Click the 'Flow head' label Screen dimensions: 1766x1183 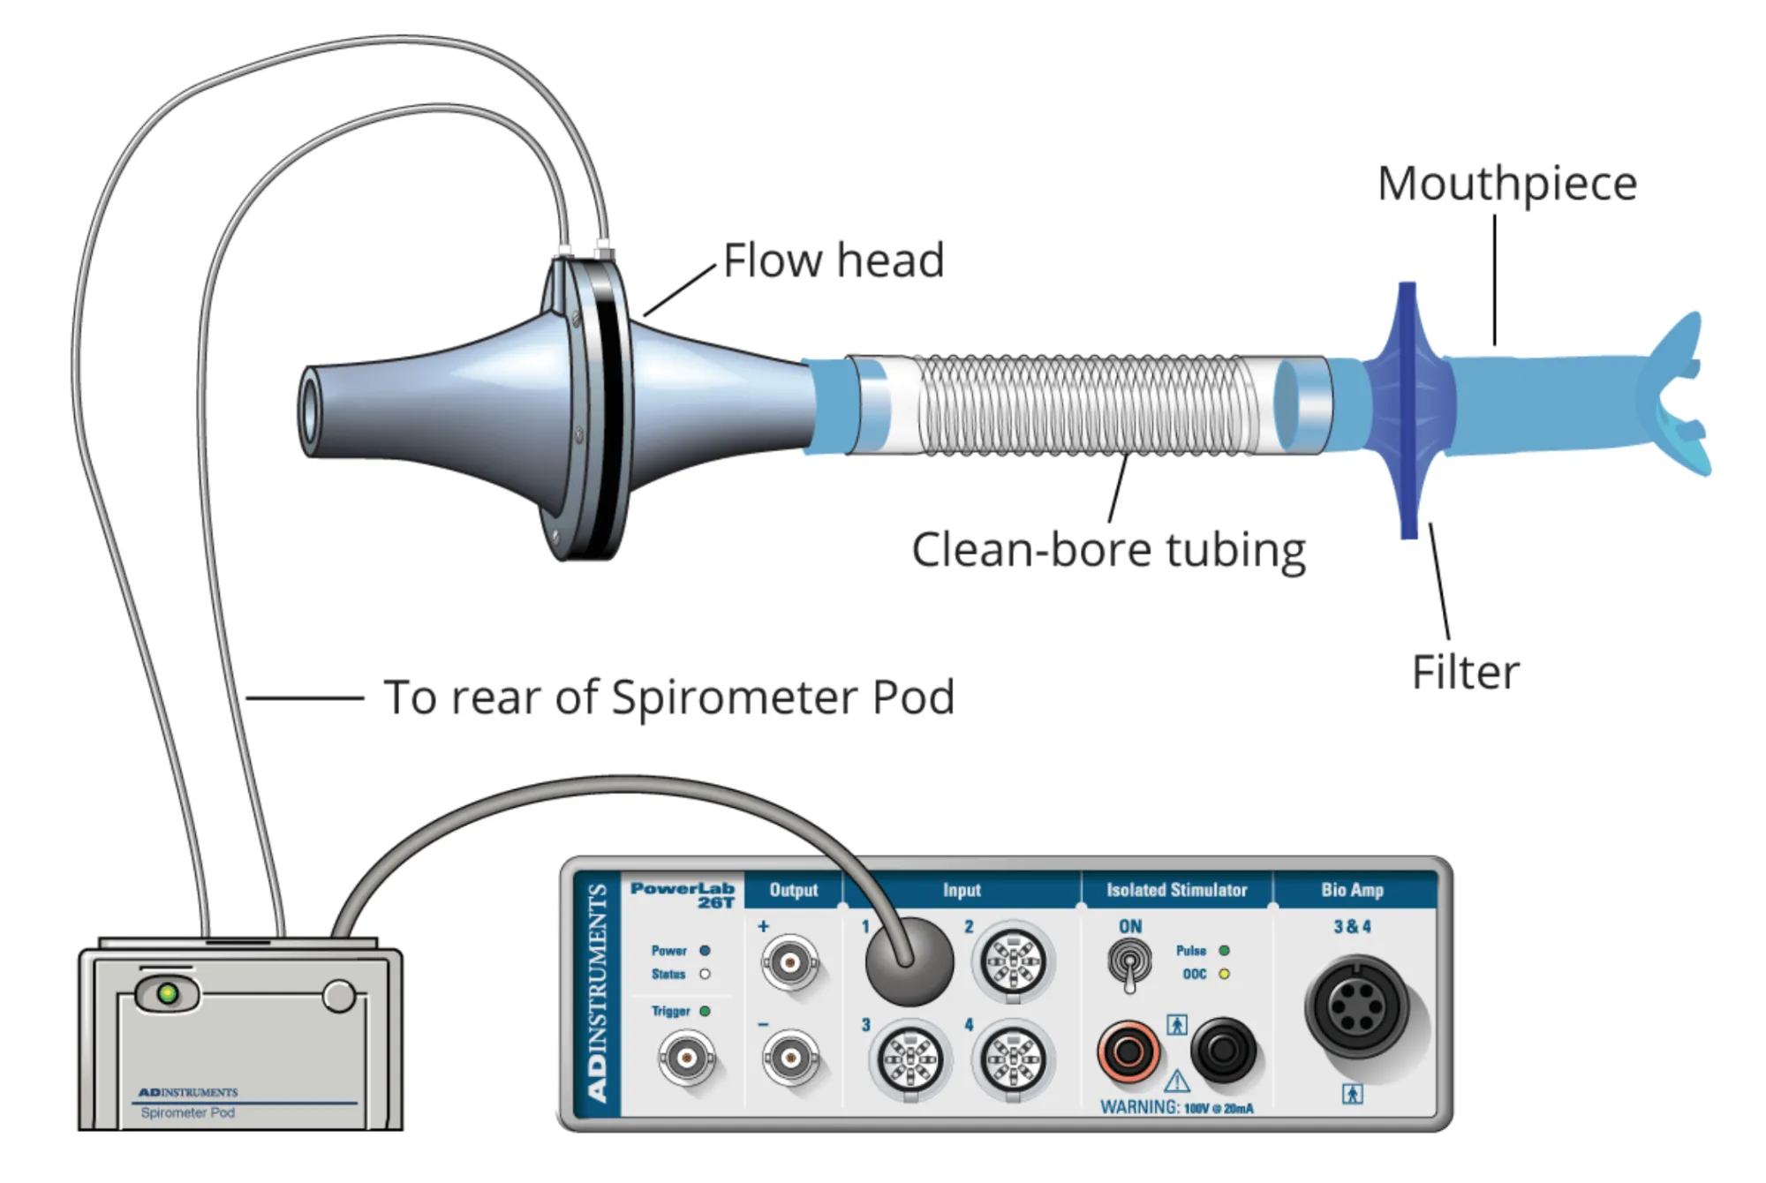click(x=834, y=260)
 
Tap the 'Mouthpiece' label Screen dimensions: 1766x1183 click(x=1507, y=185)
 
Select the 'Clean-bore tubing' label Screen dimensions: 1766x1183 click(x=1108, y=550)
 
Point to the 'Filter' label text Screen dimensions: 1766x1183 click(x=1466, y=672)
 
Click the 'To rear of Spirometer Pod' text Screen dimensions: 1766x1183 click(x=669, y=697)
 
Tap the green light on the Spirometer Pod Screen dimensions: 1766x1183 click(x=167, y=994)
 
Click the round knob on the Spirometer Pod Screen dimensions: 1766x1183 click(x=339, y=996)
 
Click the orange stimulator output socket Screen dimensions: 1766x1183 click(x=1128, y=1051)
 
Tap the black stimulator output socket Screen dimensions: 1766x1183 click(x=1224, y=1050)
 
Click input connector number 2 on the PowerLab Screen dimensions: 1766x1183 click(x=1014, y=961)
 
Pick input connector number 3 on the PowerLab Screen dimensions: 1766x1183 click(x=910, y=1059)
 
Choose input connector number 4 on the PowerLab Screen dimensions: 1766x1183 click(x=1014, y=1059)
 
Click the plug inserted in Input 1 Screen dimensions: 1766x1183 click(x=909, y=962)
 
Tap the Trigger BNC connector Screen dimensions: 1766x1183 click(x=686, y=1057)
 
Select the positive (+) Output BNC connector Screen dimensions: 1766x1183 click(x=789, y=961)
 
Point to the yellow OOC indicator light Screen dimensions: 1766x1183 click(x=1224, y=974)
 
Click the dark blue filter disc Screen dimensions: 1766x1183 click(x=1408, y=411)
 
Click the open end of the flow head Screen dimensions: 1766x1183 click(x=310, y=412)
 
